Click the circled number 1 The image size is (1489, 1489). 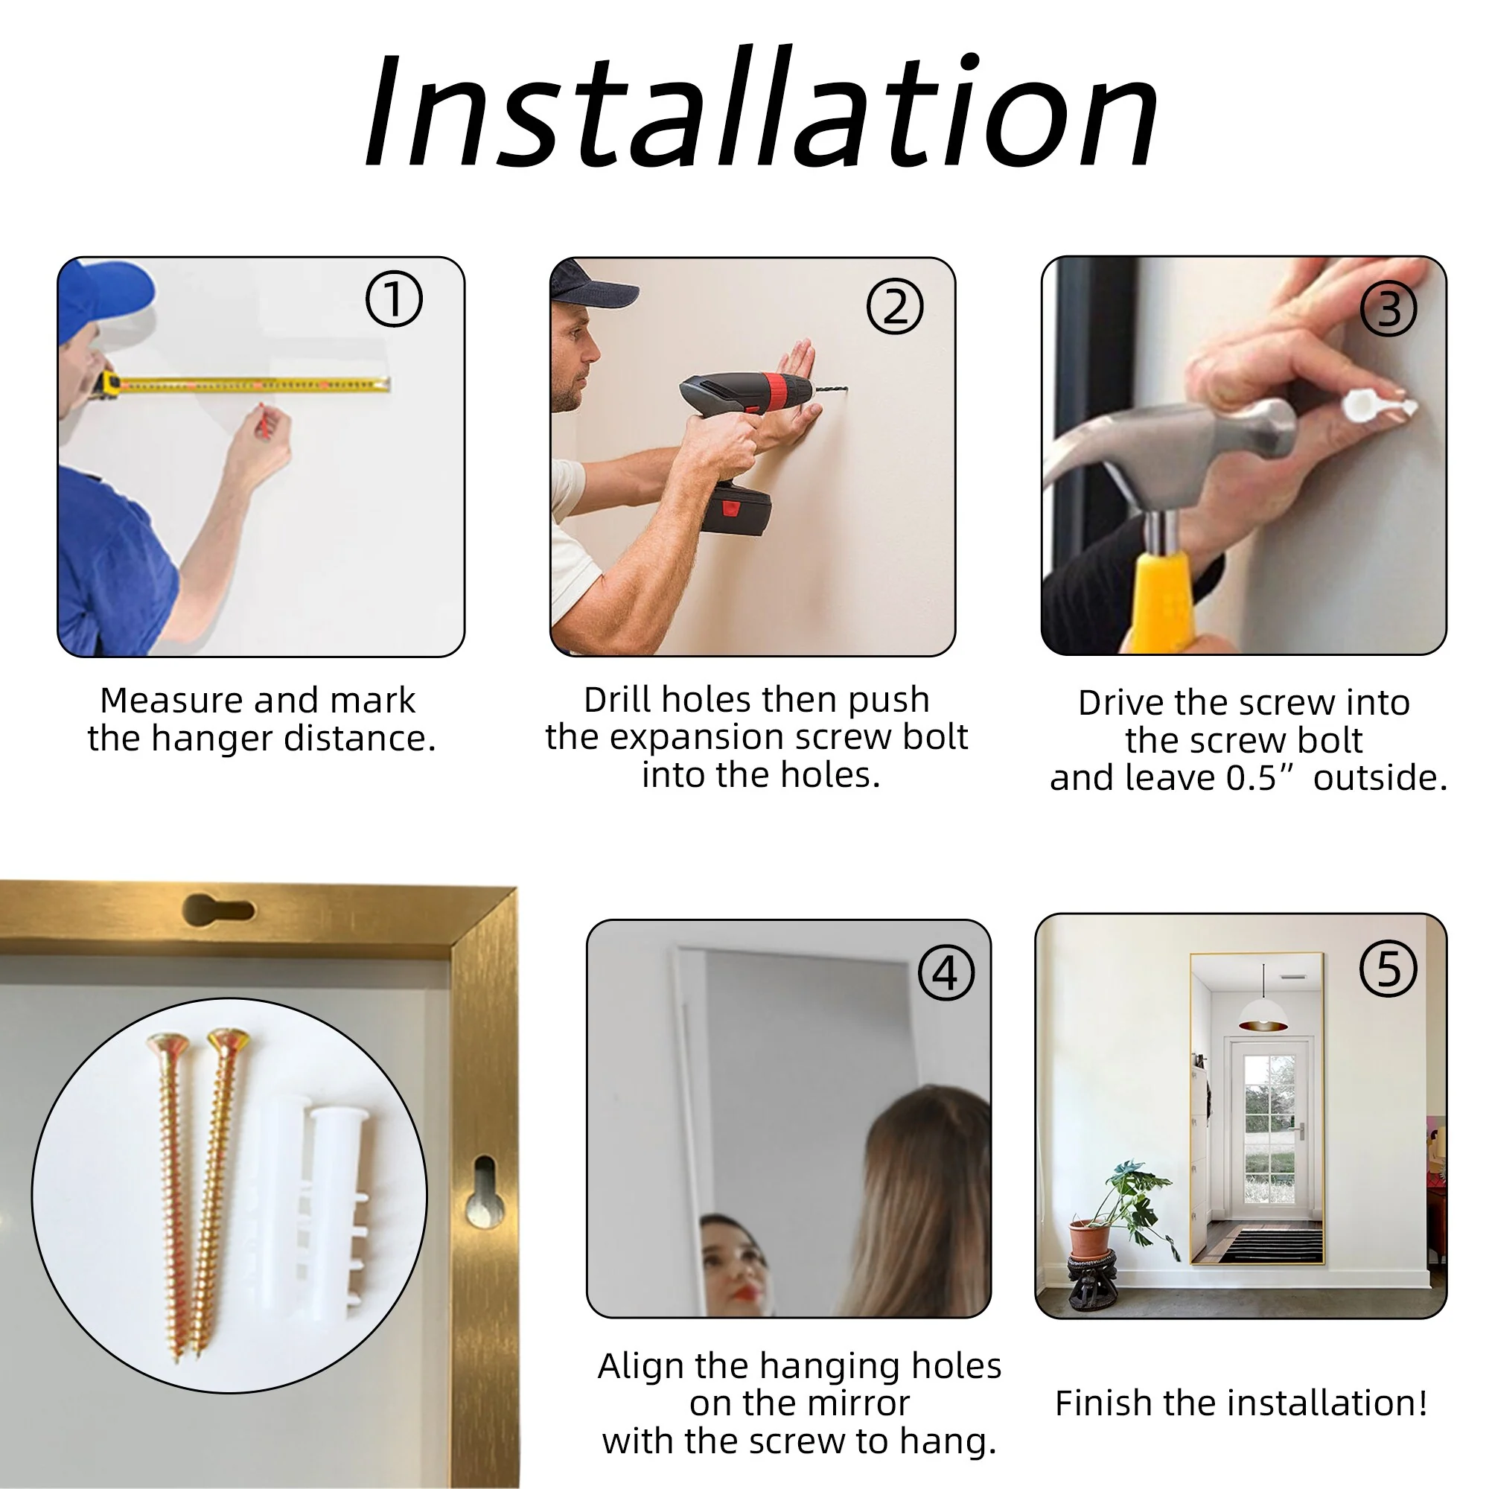pos(394,299)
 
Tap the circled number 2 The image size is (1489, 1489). pos(895,306)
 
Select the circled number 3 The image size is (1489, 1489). pos(1388,308)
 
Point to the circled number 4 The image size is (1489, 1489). pos(946,972)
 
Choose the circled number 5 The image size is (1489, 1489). pos(1388,969)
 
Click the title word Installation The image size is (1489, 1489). pos(762,108)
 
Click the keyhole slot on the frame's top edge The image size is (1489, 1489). pos(218,911)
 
